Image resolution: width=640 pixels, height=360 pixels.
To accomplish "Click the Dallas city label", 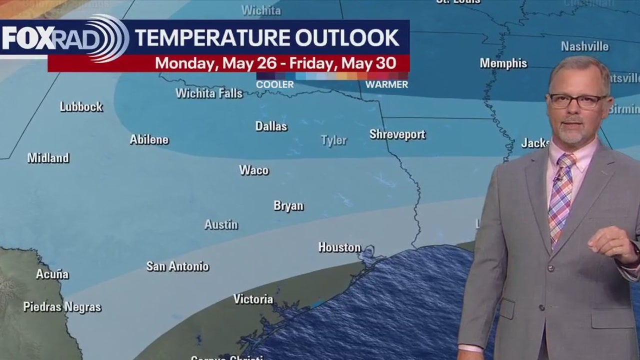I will pos(271,126).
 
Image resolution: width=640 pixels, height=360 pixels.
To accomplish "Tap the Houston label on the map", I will pos(339,247).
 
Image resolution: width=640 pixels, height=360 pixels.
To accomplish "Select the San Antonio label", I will pos(177,266).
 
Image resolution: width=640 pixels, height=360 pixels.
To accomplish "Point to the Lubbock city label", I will pos(81,106).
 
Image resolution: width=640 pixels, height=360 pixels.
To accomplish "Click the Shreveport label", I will pos(397,134).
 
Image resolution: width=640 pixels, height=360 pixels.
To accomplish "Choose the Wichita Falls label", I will pos(209,93).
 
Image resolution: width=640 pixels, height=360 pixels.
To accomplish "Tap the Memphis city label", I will pos(503,63).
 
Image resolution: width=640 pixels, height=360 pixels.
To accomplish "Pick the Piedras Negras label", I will pos(62,306).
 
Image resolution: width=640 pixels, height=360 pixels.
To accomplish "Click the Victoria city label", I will pos(253,299).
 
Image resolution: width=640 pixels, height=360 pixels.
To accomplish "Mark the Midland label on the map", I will pos(48,158).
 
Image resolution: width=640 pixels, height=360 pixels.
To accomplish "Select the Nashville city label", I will pos(584,46).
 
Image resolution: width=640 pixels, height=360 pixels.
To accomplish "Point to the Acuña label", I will pos(52,274).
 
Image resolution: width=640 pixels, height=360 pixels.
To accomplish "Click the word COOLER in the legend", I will pos(275,84).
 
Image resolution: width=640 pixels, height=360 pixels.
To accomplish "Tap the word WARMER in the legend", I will pos(386,84).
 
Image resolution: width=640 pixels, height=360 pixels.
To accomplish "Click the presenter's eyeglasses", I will pos(577,101).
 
